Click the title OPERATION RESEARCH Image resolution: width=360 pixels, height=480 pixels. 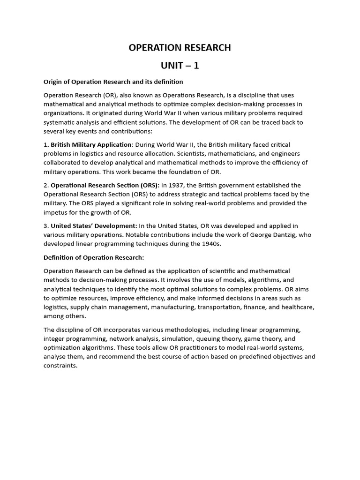click(x=180, y=48)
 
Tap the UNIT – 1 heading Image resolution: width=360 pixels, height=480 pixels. click(x=180, y=66)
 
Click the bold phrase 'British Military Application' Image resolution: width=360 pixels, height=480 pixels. click(x=92, y=145)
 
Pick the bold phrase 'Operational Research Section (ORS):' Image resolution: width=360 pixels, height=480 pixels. click(x=105, y=185)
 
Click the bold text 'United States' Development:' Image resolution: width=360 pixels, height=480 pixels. click(x=94, y=226)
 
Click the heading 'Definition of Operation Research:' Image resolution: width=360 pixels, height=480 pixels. click(x=94, y=257)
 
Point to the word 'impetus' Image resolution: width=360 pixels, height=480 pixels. click(x=56, y=212)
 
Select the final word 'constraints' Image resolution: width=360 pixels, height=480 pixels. click(x=60, y=366)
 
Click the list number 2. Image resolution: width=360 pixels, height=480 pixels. click(x=45, y=185)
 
